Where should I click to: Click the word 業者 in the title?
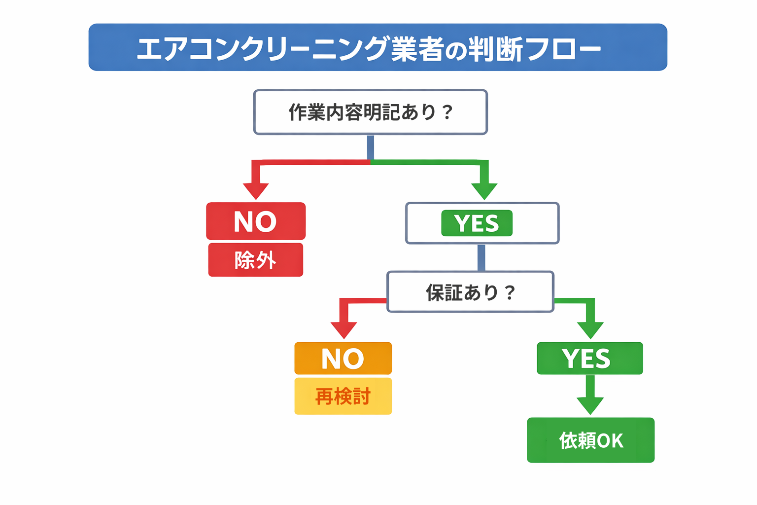(416, 49)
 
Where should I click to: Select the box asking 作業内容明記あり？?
(370, 112)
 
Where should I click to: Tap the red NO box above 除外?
(255, 221)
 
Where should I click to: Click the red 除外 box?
(255, 260)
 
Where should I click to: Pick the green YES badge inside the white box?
(477, 223)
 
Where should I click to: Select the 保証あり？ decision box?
(470, 292)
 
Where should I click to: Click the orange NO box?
(343, 359)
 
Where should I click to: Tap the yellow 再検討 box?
(343, 396)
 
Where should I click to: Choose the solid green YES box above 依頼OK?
(589, 359)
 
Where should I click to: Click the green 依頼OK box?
(590, 440)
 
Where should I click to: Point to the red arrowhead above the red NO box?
(256, 190)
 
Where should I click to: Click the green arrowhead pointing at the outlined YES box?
(484, 190)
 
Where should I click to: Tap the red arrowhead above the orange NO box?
(344, 329)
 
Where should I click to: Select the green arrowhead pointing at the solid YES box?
(590, 329)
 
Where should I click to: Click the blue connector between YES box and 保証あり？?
(482, 257)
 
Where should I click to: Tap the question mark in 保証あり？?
(510, 293)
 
